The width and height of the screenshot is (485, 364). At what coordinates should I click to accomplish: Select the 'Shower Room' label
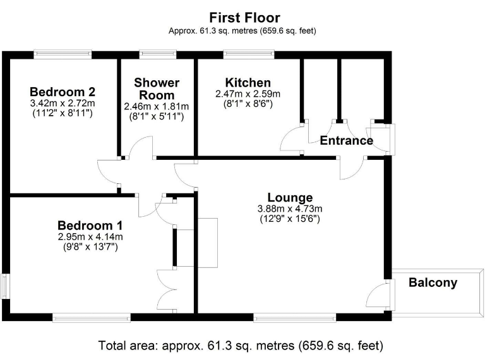(157, 88)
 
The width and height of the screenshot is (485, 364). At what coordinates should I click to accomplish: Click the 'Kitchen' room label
(248, 83)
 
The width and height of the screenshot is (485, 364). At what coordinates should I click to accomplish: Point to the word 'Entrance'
(346, 140)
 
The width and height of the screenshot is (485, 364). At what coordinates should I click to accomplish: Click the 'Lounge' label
(289, 197)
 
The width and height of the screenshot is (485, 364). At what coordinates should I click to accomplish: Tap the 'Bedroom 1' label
(90, 226)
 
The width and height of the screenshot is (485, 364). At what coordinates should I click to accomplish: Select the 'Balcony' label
(433, 282)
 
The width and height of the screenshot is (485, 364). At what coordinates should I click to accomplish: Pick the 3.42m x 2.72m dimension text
(62, 103)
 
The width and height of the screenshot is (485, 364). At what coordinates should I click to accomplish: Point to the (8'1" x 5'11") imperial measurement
(157, 117)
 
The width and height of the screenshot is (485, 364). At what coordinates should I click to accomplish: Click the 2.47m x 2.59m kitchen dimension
(248, 94)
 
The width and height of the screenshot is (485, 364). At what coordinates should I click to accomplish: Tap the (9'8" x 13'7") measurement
(90, 247)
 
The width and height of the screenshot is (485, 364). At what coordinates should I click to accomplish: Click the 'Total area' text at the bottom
(240, 346)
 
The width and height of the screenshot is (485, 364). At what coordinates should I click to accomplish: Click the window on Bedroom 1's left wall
(5, 286)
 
